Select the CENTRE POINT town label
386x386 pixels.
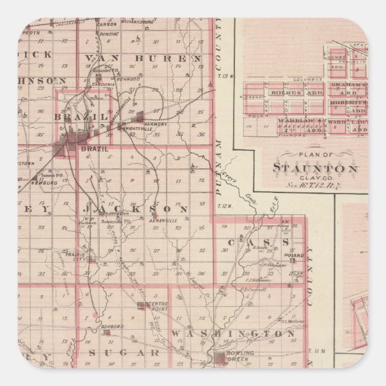pos(158,306)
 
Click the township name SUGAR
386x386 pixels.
pos(124,353)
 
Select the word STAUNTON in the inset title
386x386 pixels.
pos(315,168)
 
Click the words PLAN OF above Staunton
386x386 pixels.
pos(312,155)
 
